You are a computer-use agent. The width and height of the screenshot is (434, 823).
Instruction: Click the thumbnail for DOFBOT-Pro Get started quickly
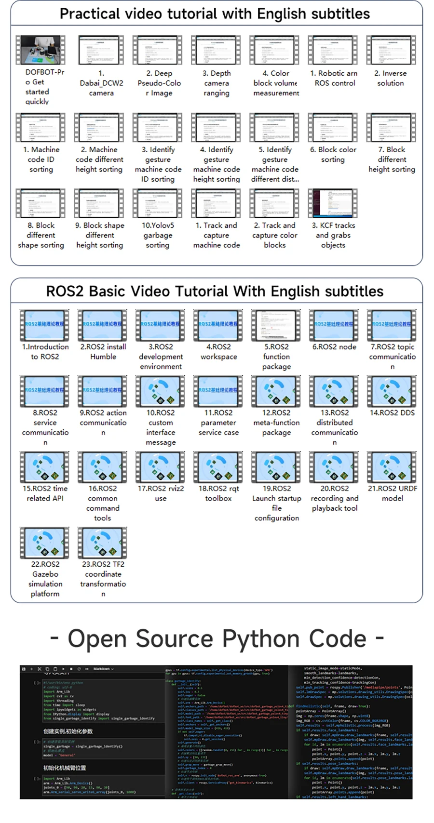coord(41,50)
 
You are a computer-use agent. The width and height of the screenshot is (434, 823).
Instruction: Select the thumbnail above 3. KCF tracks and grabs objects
coord(333,203)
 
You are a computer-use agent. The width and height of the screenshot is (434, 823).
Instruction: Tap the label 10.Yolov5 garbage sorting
coord(158,235)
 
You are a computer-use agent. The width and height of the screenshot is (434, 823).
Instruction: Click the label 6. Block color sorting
coord(333,155)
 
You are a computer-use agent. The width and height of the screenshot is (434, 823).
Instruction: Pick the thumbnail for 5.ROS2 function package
coord(276,325)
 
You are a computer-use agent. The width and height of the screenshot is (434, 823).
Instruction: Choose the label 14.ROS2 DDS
coord(392,413)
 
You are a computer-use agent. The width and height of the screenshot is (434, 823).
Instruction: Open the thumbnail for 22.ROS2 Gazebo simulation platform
coord(45,543)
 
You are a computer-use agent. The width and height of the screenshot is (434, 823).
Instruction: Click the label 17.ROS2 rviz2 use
coord(161,493)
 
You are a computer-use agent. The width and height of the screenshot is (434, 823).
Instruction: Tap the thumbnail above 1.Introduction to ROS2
coord(45,325)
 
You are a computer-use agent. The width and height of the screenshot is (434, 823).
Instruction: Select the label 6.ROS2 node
coord(334,347)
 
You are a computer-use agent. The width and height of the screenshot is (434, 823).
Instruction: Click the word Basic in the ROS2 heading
coord(110,292)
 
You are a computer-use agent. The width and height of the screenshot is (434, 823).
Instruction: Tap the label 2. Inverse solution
coord(391,78)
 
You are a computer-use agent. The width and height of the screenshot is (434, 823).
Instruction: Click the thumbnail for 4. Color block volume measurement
coord(274,50)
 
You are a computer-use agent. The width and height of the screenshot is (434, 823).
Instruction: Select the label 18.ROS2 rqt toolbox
coord(218,493)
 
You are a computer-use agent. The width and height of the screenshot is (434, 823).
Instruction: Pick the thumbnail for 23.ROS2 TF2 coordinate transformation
coord(103,543)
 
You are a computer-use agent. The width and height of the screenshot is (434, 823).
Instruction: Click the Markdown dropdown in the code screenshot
coord(104,669)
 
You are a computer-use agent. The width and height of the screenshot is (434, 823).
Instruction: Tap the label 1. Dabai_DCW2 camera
coord(101,83)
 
